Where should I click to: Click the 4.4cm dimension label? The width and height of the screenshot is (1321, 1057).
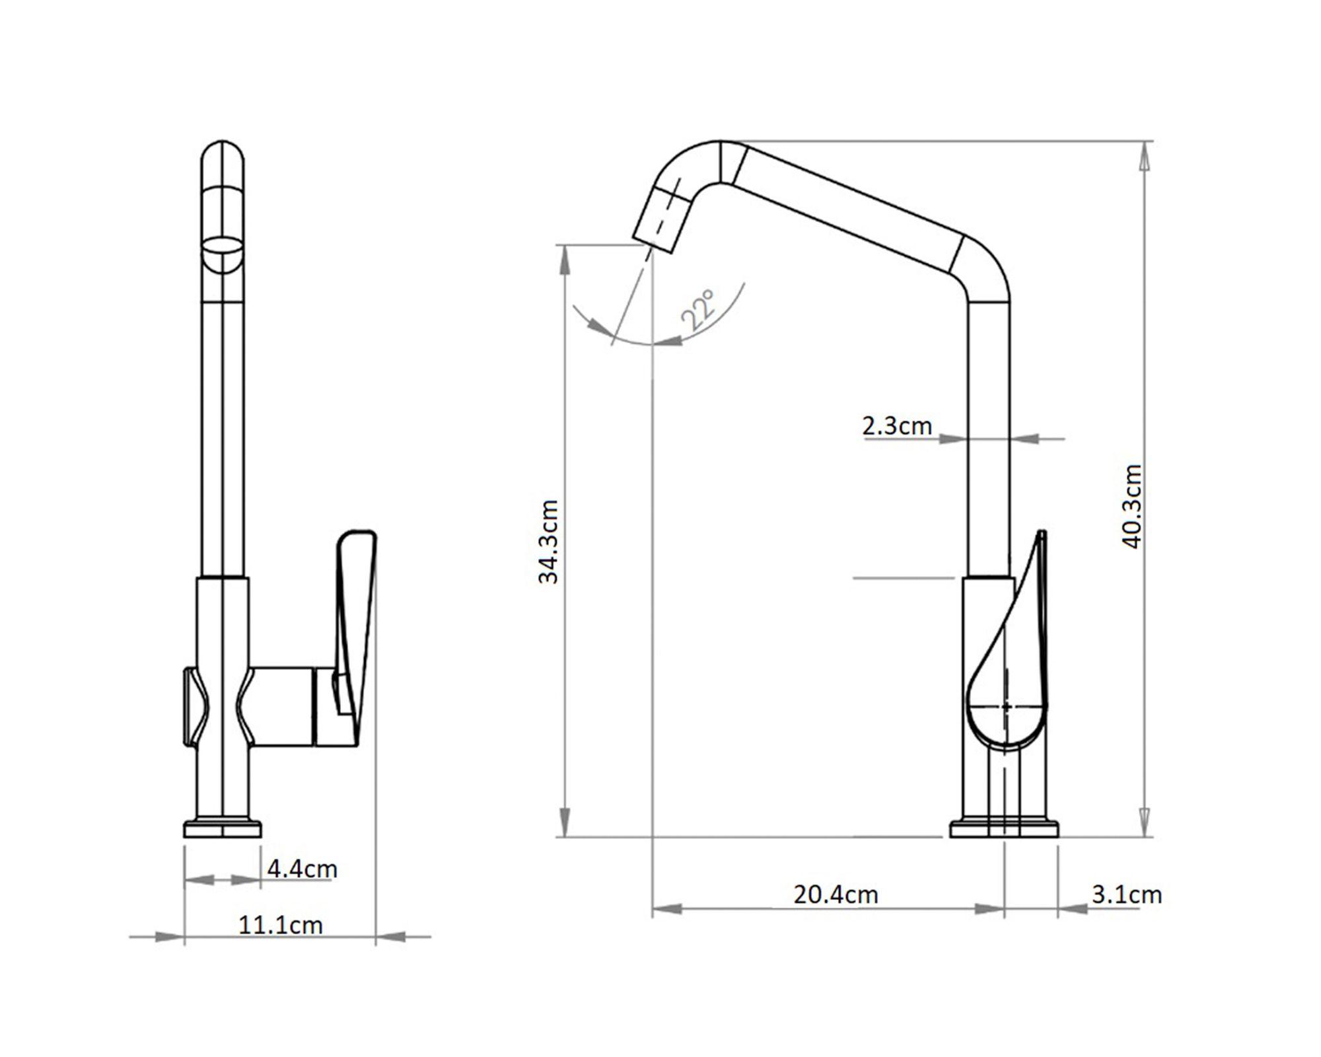coord(302,869)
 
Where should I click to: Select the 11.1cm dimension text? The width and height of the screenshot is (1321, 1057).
coord(281,925)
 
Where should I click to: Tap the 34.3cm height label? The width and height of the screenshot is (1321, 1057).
coord(549,542)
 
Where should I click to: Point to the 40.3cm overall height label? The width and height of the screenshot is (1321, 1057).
coord(1132,507)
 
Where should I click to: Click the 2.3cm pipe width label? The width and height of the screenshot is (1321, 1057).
coord(897,426)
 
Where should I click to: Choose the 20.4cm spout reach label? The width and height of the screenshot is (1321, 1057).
coord(836,895)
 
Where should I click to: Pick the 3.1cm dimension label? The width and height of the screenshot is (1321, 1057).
coord(1127,895)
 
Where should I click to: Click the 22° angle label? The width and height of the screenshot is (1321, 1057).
coord(698,310)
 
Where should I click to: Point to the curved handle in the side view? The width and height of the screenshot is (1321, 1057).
coord(1007,641)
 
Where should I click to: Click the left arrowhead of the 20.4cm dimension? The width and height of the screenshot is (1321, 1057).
coord(667,909)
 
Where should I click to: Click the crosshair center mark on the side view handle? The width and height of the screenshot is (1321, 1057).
coord(1005,707)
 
